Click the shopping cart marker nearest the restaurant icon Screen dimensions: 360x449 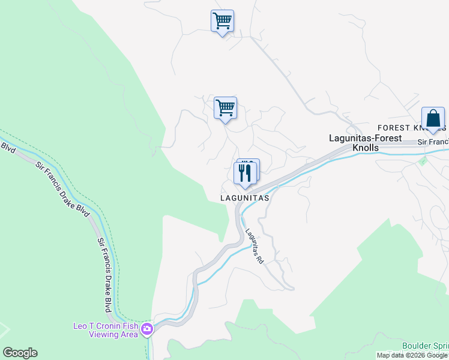point(225,109)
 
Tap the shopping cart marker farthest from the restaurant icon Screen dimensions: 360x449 point(222,22)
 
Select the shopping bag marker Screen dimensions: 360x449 point(433,119)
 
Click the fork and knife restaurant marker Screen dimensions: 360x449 point(245,173)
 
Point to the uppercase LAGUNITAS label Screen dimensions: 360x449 point(244,197)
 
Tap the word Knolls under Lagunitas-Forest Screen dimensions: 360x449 point(365,147)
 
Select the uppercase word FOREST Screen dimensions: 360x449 point(393,128)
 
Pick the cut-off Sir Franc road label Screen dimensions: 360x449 point(433,142)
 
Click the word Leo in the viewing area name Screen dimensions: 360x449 point(81,325)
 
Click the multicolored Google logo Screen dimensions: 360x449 point(20,353)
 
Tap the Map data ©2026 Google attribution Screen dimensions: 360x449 point(412,355)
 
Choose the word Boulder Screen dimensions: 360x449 point(417,346)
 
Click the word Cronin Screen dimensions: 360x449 point(104,325)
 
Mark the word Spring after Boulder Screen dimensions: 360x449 point(442,346)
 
